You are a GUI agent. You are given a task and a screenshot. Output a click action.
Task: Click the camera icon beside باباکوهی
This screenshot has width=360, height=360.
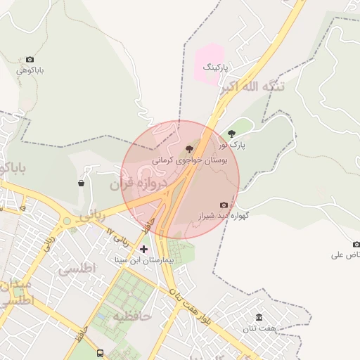click(x=30, y=60)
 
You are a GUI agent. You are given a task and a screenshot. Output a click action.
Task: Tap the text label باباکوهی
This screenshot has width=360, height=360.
click(x=31, y=70)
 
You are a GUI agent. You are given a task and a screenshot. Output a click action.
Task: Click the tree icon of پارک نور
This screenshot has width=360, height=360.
click(x=232, y=134)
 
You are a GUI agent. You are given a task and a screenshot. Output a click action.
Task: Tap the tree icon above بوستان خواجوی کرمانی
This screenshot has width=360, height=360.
click(x=188, y=149)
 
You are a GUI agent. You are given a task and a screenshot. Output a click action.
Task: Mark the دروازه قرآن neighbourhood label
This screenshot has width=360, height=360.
click(x=139, y=186)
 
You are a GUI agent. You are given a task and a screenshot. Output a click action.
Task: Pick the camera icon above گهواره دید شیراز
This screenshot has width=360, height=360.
click(x=224, y=205)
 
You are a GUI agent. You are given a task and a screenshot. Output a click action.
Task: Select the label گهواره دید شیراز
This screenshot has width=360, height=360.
click(x=224, y=216)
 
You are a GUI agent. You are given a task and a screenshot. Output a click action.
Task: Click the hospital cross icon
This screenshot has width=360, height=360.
click(x=144, y=249)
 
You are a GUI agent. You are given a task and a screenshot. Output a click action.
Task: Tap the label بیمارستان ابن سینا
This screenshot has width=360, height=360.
click(x=144, y=260)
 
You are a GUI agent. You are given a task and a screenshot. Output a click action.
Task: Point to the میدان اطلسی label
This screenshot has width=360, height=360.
click(x=15, y=294)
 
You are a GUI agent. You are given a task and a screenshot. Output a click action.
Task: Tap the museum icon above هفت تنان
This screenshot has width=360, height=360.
click(x=259, y=318)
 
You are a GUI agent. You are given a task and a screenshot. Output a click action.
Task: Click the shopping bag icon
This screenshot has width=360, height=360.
click(x=82, y=184)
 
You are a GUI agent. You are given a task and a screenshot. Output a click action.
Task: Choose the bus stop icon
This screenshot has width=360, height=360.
click(x=101, y=353)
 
